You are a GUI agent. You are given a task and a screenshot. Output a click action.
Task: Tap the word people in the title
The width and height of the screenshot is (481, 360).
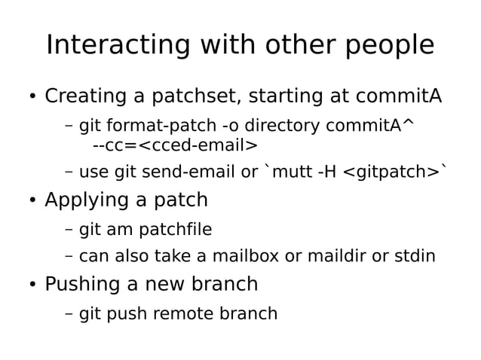[x=391, y=47]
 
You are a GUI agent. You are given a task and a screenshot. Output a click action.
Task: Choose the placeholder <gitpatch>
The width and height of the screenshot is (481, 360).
[x=391, y=172]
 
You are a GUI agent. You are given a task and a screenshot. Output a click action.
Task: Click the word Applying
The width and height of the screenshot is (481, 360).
[x=87, y=201]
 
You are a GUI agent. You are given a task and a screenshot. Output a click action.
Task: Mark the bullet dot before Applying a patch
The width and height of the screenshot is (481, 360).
[x=32, y=201]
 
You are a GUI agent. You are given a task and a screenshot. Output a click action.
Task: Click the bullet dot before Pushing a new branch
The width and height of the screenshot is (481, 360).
[x=32, y=285]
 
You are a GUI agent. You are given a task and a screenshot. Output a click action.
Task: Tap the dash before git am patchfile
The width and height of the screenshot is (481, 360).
[x=69, y=229]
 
